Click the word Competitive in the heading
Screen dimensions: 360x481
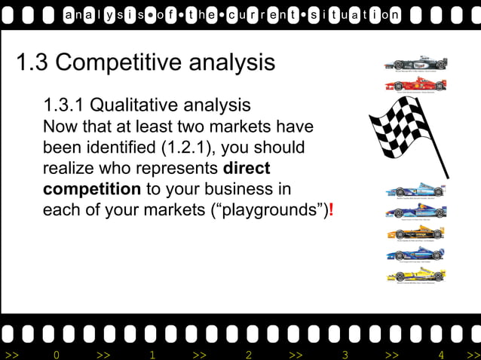(120, 63)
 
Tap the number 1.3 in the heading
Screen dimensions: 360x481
(32, 63)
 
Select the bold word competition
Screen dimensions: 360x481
(92, 188)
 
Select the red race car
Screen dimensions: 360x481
(415, 85)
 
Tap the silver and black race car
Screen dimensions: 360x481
(415, 64)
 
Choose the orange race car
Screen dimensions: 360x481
(415, 233)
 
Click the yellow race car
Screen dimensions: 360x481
(415, 275)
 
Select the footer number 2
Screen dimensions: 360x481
(249, 354)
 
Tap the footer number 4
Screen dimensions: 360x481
(442, 354)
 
